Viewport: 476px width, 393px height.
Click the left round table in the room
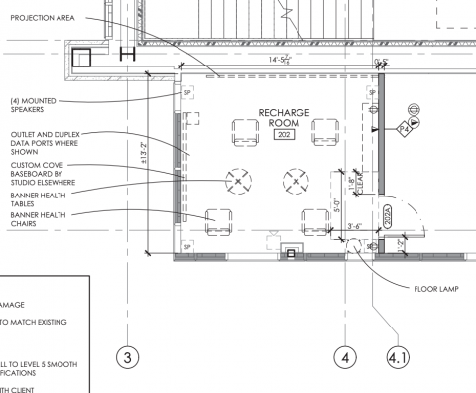pyautogui.click(x=238, y=180)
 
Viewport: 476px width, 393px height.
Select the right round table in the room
pyautogui.click(x=295, y=180)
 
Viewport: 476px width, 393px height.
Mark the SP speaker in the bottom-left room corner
pyautogui.click(x=186, y=245)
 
